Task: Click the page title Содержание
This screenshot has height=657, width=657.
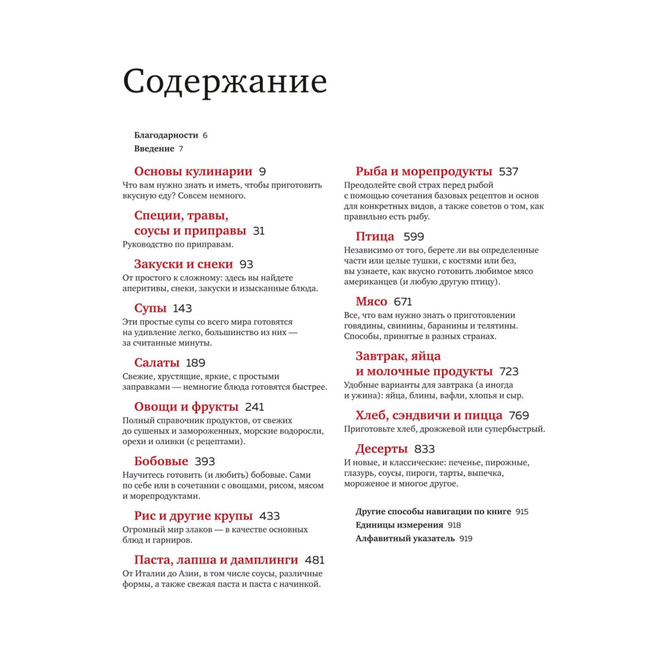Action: pos(225,81)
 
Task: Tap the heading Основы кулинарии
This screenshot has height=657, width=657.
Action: pos(193,171)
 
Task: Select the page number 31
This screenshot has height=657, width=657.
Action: pos(259,231)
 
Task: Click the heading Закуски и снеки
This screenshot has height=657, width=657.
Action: pos(184,264)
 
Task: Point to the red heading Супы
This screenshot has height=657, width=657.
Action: pos(150,308)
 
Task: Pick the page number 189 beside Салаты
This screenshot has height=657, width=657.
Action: pos(195,363)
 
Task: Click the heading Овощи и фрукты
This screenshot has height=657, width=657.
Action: pos(186,407)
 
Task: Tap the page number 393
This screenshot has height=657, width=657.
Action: pos(205,461)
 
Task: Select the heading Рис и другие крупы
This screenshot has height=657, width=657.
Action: pos(193,516)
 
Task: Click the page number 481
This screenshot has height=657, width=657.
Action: pos(314,560)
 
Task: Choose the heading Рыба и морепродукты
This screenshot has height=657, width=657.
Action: pos(424,171)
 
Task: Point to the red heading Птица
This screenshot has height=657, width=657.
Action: pos(374,237)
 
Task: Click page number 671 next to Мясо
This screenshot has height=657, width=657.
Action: pos(403,301)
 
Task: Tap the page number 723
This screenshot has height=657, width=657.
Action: pos(509,371)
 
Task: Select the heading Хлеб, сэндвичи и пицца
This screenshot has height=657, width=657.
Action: pos(429,415)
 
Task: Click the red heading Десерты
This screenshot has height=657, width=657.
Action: pos(381,449)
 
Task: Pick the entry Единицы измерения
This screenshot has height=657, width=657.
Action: pos(399,525)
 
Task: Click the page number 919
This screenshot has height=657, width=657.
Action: pos(466,538)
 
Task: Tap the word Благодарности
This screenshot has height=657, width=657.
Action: pos(166,135)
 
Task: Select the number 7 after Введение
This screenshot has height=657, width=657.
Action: pos(181,149)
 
